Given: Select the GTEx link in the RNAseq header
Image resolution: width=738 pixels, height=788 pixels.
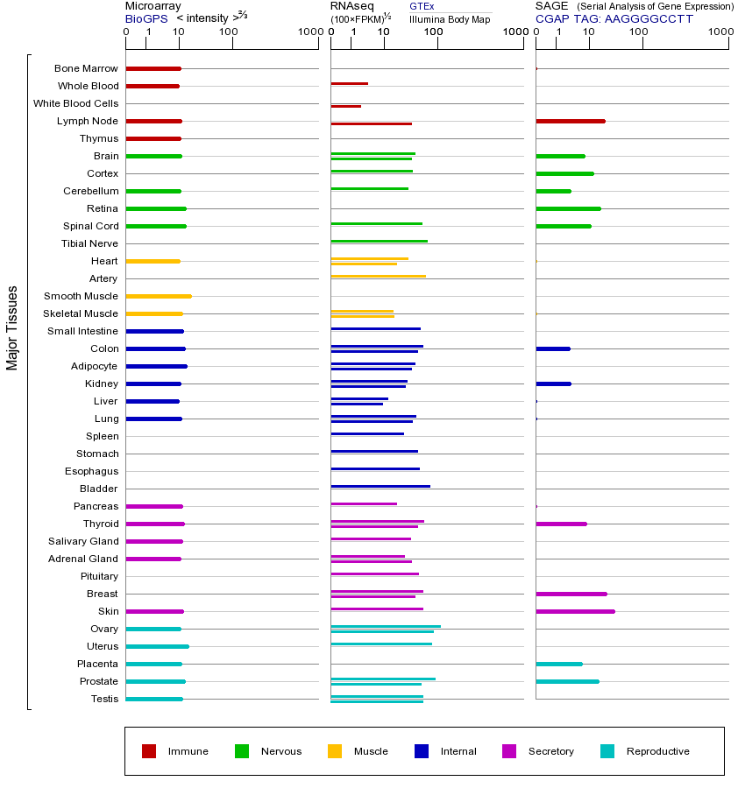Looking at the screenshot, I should click(x=422, y=6).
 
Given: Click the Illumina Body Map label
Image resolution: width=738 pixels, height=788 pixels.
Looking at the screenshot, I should click(x=450, y=18).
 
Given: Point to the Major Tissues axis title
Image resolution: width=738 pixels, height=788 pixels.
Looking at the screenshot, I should click(x=12, y=327).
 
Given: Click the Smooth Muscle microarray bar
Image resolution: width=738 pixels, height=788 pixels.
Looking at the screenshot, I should click(x=159, y=296).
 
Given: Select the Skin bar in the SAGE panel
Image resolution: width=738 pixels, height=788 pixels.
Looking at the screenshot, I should click(x=575, y=611).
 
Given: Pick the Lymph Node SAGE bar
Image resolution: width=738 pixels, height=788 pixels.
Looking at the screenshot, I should click(x=570, y=121).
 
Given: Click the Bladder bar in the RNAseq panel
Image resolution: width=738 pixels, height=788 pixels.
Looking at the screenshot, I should click(x=380, y=486).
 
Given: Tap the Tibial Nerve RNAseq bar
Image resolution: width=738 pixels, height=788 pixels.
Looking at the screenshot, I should click(x=379, y=241).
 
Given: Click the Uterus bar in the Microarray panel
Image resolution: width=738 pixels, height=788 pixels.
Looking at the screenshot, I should click(x=157, y=646).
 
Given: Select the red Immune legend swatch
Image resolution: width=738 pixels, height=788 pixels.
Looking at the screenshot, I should click(x=149, y=751).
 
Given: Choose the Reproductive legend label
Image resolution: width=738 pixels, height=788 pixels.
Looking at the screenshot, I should click(x=657, y=751).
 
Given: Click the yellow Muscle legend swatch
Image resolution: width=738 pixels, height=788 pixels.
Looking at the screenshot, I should click(x=335, y=751).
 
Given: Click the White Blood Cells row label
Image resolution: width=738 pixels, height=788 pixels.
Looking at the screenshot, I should click(x=75, y=103).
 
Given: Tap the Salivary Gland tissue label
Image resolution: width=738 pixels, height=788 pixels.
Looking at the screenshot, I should click(x=83, y=541).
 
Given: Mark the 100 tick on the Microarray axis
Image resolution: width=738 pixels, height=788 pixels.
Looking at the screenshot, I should click(x=229, y=33).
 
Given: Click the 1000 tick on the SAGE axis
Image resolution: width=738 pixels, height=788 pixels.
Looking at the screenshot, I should click(x=720, y=33).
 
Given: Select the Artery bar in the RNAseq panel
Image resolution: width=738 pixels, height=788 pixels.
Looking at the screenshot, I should click(x=378, y=276).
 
